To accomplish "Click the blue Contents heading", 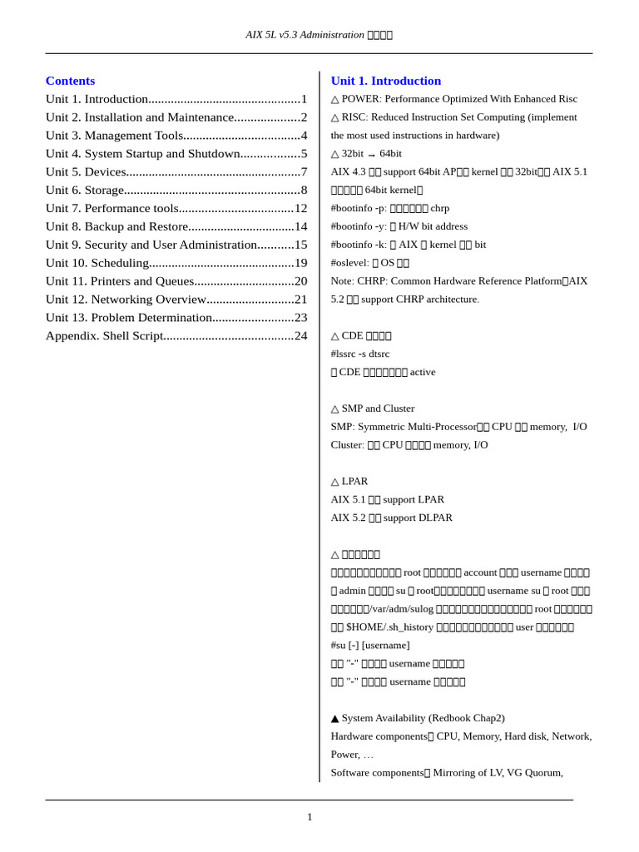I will point(70,81).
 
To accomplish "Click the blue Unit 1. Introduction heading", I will point(385,81).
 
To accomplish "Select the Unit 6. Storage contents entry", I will point(85,190).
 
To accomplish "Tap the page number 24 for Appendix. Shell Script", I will point(300,335).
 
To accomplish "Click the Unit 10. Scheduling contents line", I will point(97,263).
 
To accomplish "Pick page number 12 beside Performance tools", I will point(300,208).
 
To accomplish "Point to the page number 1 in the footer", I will point(310,817).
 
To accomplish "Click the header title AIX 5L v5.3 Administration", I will point(305,35).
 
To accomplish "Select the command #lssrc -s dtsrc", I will point(359,354).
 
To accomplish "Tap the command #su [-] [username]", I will point(369,645).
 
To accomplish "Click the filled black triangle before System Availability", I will point(334,718).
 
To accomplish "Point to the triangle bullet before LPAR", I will point(334,482).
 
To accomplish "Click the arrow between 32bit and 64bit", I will point(371,155).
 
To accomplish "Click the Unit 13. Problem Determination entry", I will point(129,317).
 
